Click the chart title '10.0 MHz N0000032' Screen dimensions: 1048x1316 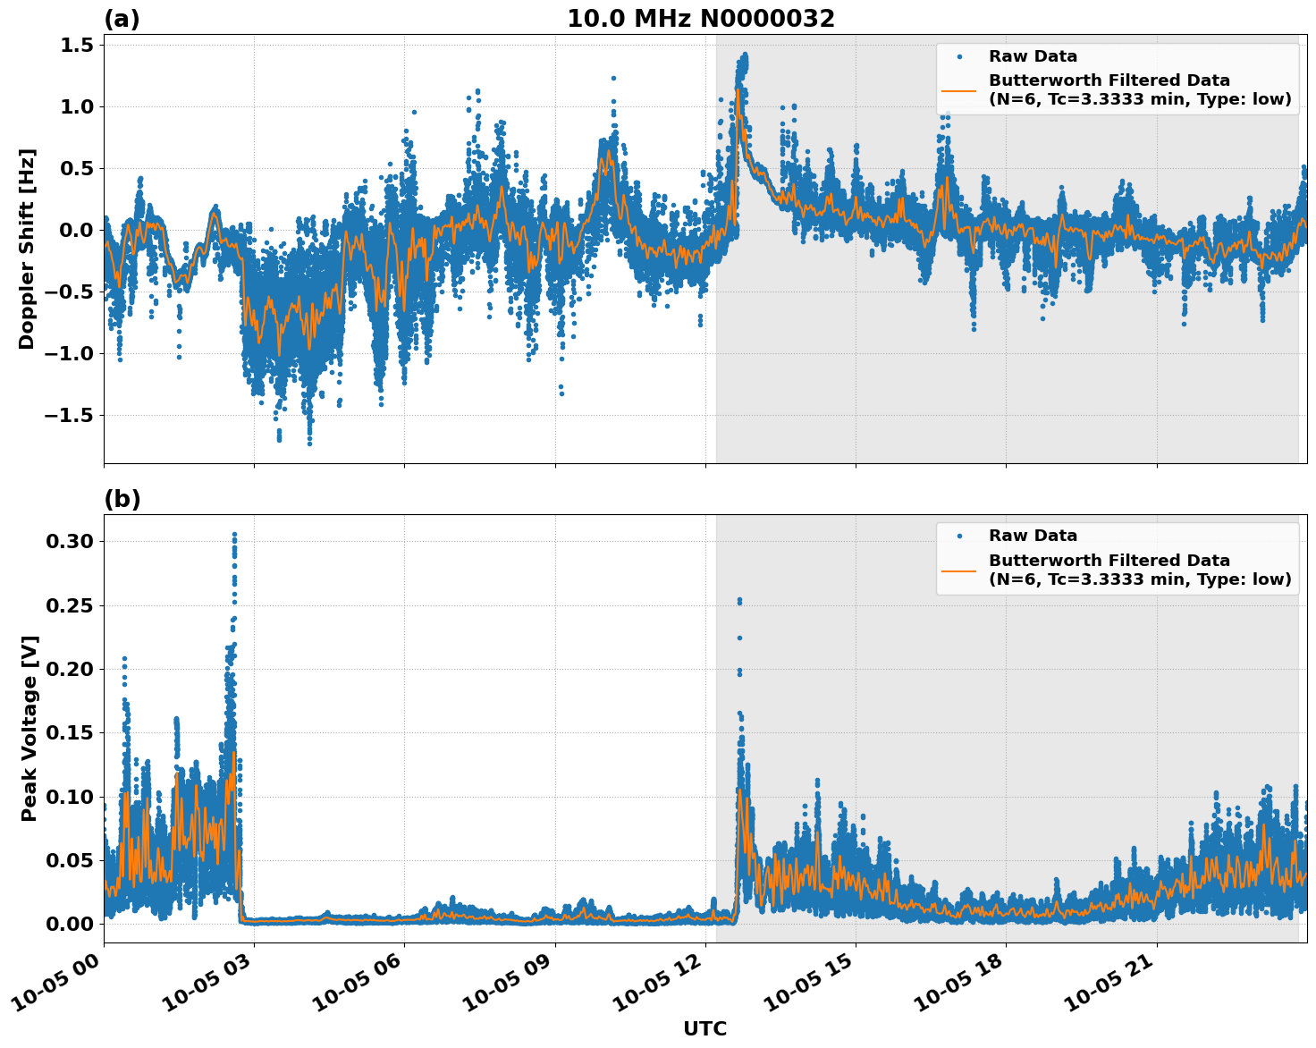point(700,19)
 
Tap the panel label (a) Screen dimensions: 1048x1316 point(122,19)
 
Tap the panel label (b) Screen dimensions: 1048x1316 point(122,499)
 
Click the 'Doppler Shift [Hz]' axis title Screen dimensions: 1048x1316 point(27,249)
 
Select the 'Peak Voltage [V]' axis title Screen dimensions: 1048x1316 point(30,728)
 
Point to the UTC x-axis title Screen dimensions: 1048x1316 point(704,1028)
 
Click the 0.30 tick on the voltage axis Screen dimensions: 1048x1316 point(71,542)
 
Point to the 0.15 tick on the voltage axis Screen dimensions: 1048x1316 point(71,733)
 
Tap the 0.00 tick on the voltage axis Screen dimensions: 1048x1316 point(71,925)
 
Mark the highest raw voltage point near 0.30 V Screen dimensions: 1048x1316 point(234,535)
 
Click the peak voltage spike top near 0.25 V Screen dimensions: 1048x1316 point(739,600)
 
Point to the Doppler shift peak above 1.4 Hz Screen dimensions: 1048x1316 point(744,55)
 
